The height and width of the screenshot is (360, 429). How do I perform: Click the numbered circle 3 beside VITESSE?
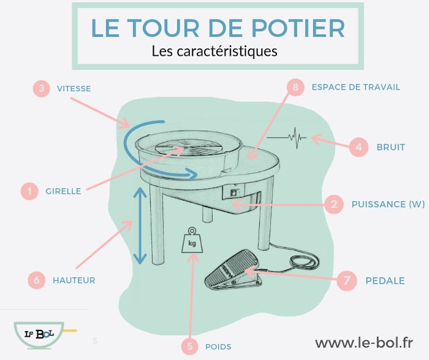(41, 89)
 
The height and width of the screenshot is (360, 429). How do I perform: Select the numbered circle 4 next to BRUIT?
(359, 147)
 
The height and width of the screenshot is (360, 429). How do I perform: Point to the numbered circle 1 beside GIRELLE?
(28, 191)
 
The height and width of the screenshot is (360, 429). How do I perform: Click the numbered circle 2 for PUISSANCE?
(333, 204)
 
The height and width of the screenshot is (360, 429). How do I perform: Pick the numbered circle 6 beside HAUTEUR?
(37, 280)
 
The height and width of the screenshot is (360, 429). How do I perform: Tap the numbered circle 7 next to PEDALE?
(346, 281)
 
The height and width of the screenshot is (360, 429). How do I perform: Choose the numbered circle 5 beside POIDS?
(191, 347)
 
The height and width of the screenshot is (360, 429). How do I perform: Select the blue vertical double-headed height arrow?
(141, 226)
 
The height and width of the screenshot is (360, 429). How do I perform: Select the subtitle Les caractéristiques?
(214, 51)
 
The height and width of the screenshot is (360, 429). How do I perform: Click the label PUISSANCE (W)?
(387, 204)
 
